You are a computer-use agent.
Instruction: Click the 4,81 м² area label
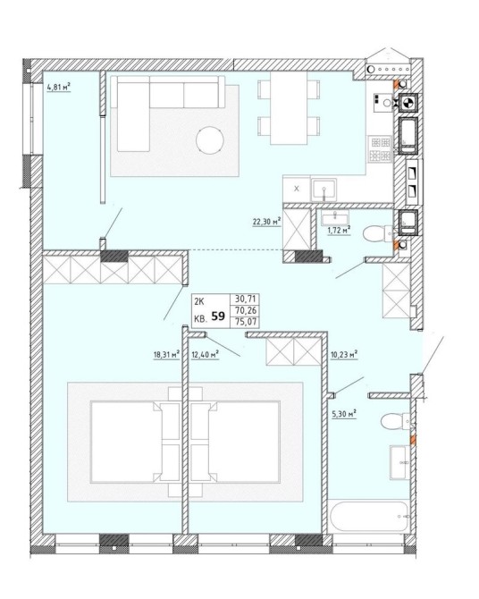pos(59,88)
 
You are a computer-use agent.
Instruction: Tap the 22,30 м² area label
pos(266,222)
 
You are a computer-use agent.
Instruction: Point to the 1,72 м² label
pos(338,231)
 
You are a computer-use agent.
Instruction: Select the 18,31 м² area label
pos(166,355)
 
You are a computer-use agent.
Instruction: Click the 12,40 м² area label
pos(205,355)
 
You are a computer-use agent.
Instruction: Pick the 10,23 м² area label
pos(344,354)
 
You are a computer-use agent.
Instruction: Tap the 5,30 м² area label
pos(344,414)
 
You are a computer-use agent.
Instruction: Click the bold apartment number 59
pos(218,316)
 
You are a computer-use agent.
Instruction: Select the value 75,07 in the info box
pos(246,322)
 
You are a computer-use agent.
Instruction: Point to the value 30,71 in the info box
pos(246,299)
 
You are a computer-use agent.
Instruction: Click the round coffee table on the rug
pos(210,140)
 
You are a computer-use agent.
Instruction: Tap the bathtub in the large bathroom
pos(368,516)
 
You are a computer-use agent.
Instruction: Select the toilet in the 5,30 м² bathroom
pos(396,421)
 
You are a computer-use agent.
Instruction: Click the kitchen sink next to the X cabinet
pos(324,190)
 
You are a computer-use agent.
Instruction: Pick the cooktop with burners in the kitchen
pos(381,149)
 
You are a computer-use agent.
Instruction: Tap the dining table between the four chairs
pos(289,108)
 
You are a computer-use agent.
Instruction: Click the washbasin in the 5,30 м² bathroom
pos(399,462)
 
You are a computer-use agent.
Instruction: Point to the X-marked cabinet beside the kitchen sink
pos(297,189)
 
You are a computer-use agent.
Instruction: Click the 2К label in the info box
pos(199,302)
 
